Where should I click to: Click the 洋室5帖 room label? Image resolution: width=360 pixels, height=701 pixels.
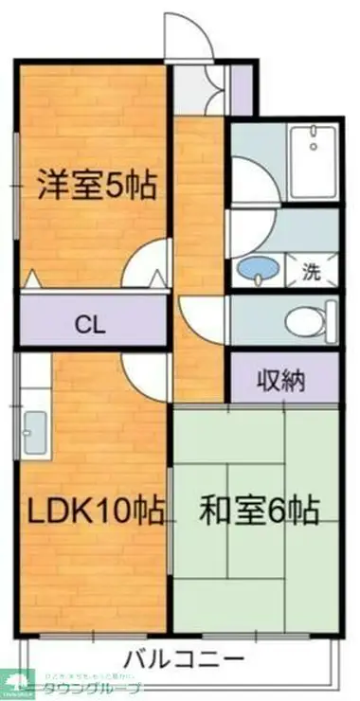(x=96, y=184)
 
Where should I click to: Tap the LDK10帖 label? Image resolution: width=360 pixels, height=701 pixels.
(x=94, y=511)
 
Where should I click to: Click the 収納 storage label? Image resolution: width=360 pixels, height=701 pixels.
(x=281, y=381)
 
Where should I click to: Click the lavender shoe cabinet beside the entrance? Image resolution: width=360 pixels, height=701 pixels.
(x=243, y=87)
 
